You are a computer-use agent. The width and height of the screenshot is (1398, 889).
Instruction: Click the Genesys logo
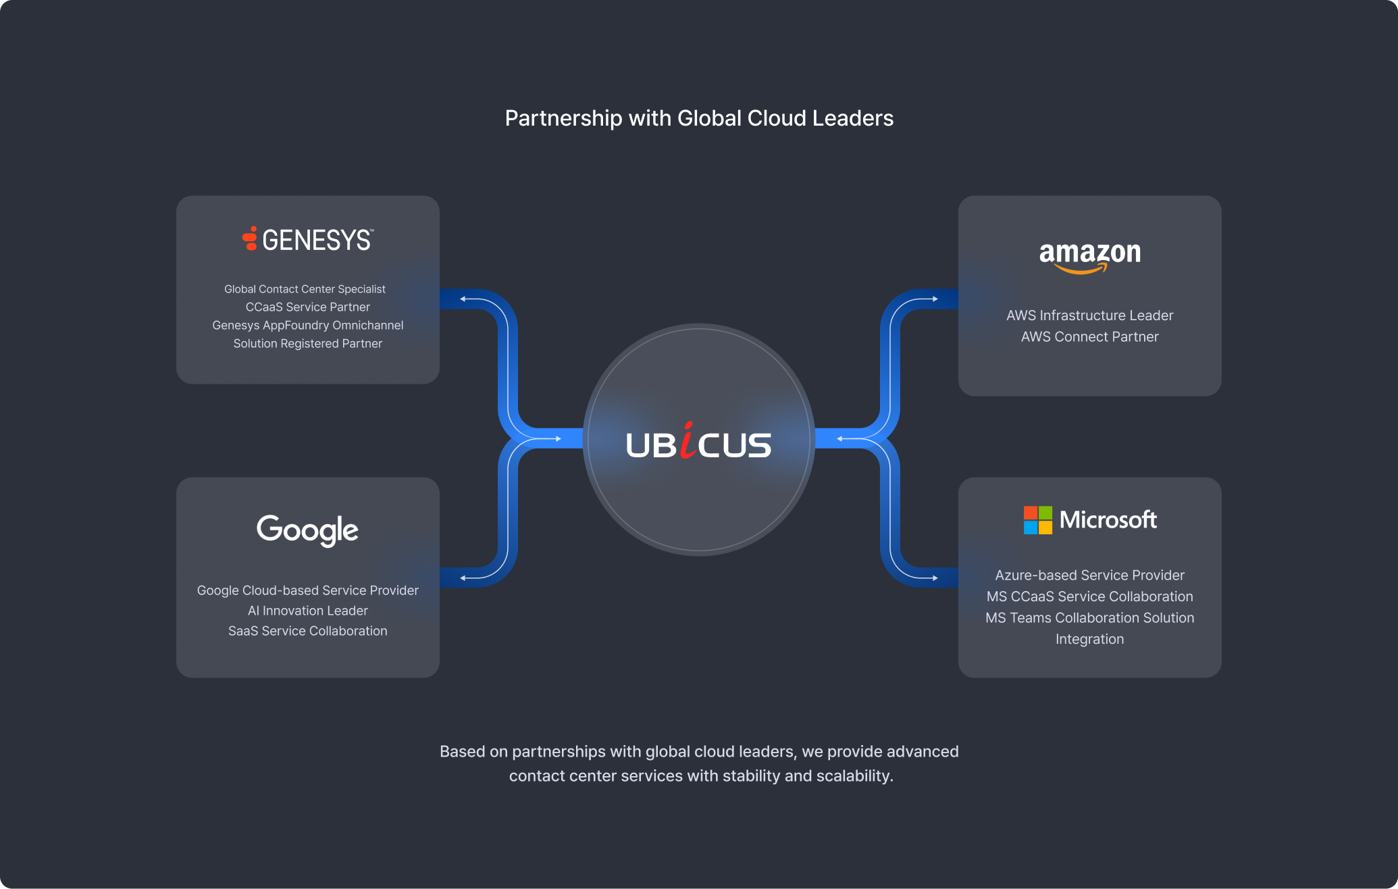click(307, 240)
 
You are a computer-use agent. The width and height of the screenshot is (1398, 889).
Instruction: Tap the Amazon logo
click(1089, 257)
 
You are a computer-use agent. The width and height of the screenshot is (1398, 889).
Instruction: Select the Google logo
click(307, 530)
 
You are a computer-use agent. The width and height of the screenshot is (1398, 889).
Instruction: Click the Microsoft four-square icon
click(1037, 520)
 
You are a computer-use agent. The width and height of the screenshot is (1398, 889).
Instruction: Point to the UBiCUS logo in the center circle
click(698, 443)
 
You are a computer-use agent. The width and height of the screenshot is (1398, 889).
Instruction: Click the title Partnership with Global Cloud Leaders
click(699, 118)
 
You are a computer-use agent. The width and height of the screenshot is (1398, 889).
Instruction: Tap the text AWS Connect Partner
click(1089, 336)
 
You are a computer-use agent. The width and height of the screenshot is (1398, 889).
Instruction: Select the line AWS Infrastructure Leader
click(1089, 315)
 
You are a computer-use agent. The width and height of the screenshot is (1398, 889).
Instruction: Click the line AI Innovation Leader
click(307, 611)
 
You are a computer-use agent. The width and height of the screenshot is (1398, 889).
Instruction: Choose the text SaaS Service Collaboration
click(307, 631)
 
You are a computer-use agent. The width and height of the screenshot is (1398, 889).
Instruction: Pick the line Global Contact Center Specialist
click(305, 289)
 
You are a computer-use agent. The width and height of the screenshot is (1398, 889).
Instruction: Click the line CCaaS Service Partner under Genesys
click(307, 307)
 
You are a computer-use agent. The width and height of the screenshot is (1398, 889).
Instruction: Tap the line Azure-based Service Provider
click(1089, 576)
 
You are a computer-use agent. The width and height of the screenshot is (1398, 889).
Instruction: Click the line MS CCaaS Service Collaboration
click(1089, 596)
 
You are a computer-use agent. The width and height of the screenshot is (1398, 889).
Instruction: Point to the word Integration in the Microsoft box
click(1089, 639)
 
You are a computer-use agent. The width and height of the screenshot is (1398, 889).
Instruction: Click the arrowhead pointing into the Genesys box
click(463, 299)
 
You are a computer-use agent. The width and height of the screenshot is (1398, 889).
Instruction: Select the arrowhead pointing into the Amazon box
click(935, 299)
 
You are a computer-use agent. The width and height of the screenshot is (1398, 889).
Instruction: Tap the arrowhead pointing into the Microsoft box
click(935, 578)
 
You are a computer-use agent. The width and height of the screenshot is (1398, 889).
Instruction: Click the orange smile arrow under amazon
click(1081, 270)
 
